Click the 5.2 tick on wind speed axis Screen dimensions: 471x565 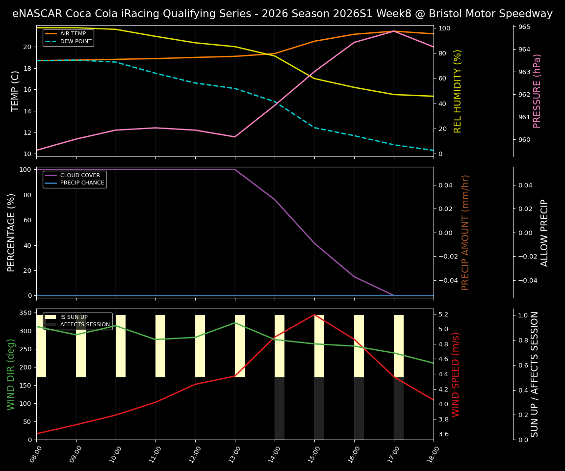click(x=443, y=314)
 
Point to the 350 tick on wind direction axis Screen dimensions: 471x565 click(x=26, y=313)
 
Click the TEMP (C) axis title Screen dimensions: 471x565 click(x=16, y=91)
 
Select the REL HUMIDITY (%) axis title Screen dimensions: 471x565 click(x=458, y=91)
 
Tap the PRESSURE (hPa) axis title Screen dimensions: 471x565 click(x=538, y=91)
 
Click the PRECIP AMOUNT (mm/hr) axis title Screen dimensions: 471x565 click(x=466, y=232)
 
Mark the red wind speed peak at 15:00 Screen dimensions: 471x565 click(x=314, y=314)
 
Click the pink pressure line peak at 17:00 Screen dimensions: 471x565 click(x=393, y=31)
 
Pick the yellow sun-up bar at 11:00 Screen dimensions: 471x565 click(x=160, y=346)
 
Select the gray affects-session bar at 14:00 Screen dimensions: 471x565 click(x=280, y=408)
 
